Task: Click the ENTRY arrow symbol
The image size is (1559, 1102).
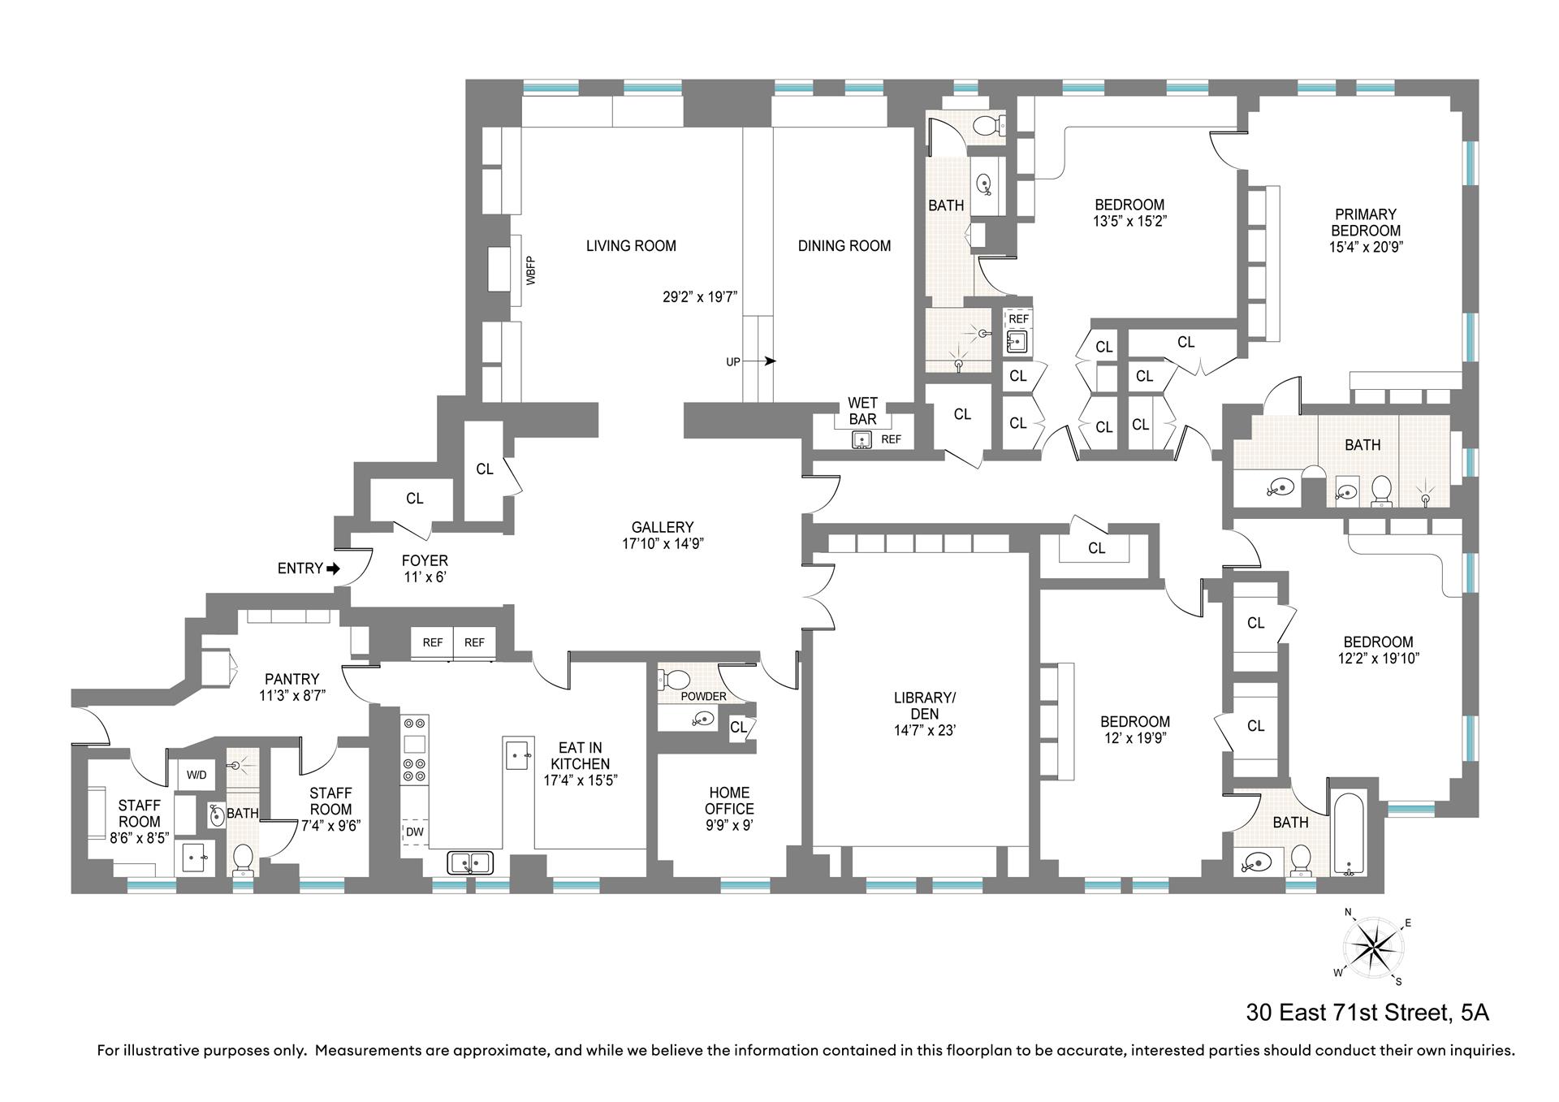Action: click(x=333, y=568)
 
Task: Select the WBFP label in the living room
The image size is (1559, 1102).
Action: click(x=531, y=270)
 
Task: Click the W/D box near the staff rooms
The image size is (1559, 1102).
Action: click(x=196, y=775)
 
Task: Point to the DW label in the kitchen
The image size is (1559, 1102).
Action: click(x=414, y=832)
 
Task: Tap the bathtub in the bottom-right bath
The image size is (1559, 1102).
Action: click(x=1350, y=837)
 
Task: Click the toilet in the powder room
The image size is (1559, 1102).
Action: click(x=674, y=678)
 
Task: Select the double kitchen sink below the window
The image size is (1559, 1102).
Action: click(x=470, y=862)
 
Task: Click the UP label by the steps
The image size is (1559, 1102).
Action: click(x=733, y=361)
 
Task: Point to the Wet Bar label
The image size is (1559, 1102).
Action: click(x=862, y=411)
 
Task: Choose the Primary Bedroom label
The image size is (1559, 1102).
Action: click(x=1365, y=223)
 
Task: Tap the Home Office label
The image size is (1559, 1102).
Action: click(x=729, y=801)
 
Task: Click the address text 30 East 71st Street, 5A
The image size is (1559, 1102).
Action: click(x=1367, y=1013)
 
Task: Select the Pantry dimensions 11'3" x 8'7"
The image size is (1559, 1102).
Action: click(x=292, y=695)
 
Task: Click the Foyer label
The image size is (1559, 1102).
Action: click(x=425, y=561)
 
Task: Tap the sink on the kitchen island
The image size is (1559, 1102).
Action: click(x=517, y=754)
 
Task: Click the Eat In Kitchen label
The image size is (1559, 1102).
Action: click(x=580, y=755)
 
